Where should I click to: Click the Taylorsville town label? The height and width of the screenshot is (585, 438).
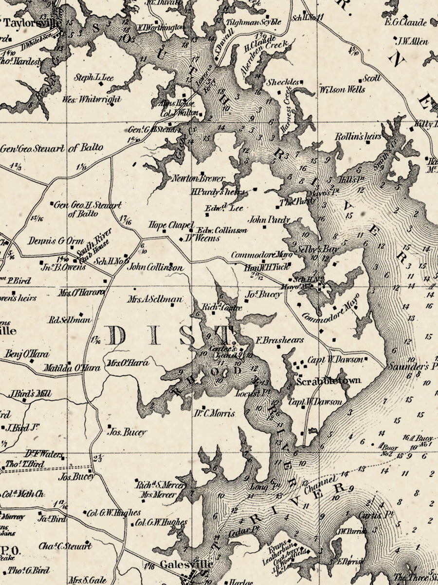33,23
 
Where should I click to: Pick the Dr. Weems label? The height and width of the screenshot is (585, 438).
202,238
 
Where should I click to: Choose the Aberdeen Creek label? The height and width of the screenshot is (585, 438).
265,58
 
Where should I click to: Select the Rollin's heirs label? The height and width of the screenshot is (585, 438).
358,137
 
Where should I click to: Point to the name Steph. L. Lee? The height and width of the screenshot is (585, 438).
93,78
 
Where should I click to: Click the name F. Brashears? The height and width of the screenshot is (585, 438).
280,340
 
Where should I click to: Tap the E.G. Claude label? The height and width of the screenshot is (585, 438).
405,22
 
